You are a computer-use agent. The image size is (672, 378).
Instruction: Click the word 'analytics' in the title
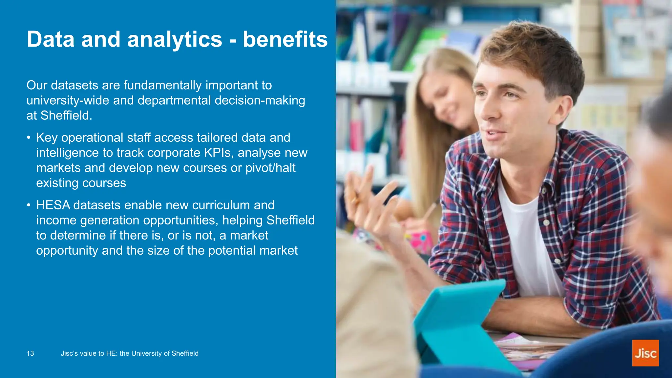[x=175, y=40]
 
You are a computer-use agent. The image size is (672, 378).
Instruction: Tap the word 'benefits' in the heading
[x=285, y=40]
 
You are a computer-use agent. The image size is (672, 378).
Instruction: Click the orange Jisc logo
[x=645, y=353]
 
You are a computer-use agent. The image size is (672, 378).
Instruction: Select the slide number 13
[x=30, y=353]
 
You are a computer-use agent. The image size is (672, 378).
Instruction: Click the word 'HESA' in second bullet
[x=53, y=205]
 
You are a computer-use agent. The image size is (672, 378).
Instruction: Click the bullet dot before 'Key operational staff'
[x=29, y=138]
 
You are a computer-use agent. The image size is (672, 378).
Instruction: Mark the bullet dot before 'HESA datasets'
[x=29, y=205]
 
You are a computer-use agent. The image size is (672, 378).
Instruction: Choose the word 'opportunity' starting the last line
[x=67, y=251]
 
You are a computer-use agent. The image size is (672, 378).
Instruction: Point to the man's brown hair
[x=532, y=49]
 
